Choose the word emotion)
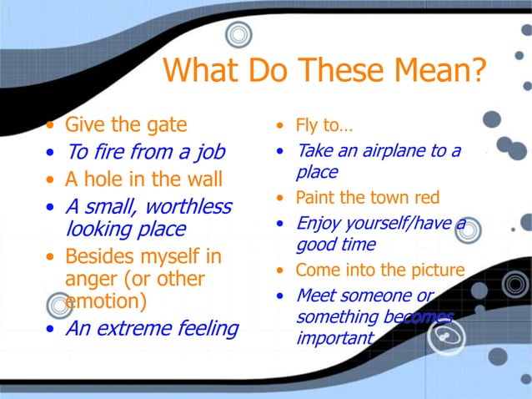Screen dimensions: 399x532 point(105,301)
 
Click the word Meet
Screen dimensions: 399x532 point(314,295)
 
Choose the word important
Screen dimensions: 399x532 point(334,339)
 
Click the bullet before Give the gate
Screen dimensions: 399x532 point(53,127)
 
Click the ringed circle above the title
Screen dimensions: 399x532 point(239,34)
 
